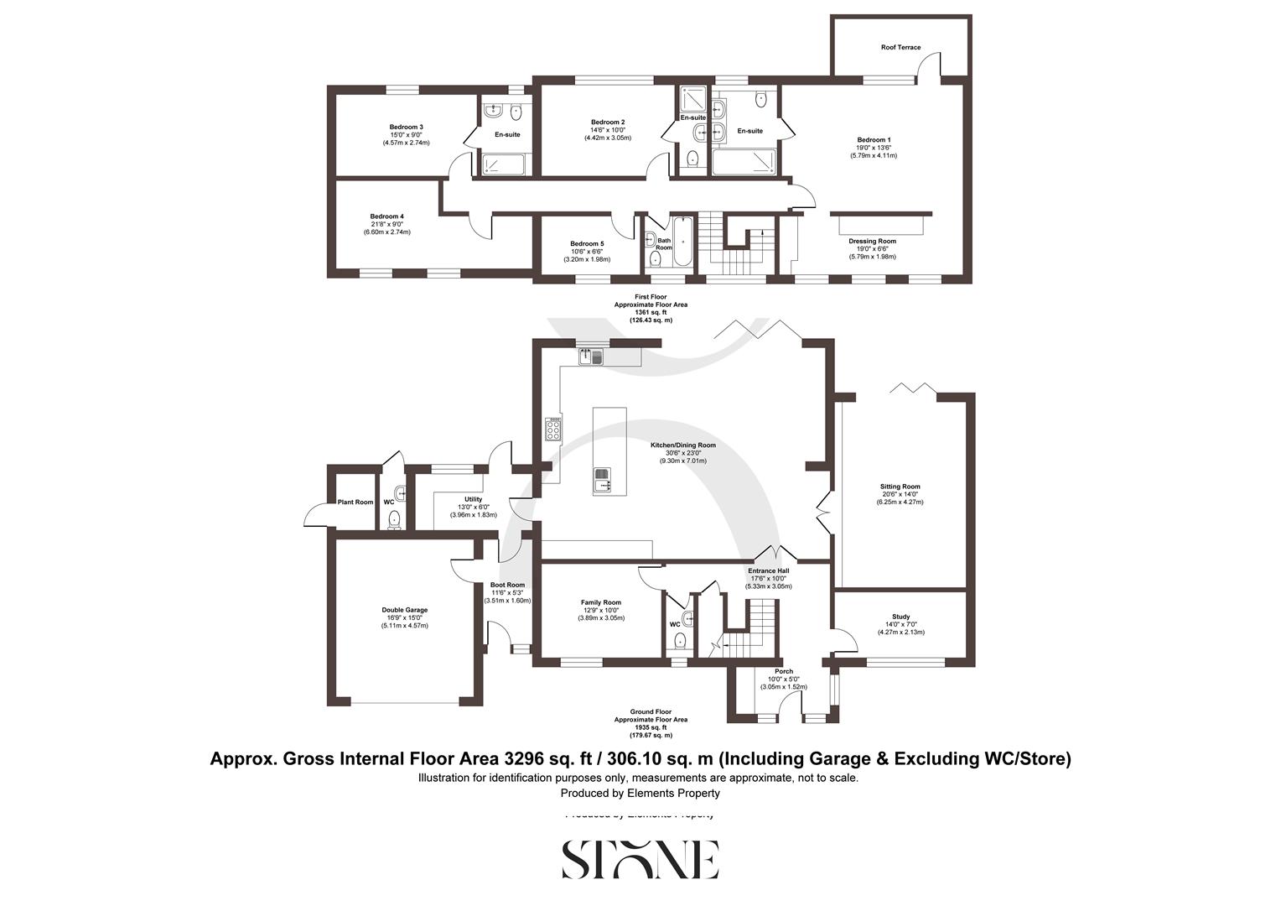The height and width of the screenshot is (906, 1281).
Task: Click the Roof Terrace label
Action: coord(900,48)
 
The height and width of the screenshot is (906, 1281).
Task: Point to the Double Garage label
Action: coord(405,610)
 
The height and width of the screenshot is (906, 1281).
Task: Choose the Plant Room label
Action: coord(355,502)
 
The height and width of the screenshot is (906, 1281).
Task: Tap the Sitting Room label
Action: coord(900,487)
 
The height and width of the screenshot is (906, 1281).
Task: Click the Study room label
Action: coord(900,617)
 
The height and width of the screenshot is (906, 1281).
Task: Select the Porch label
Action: coord(784,671)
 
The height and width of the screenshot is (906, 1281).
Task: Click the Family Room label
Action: coord(601,602)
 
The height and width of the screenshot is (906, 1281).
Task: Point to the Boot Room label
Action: coord(507,586)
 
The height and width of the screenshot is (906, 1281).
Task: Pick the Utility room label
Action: coord(474,499)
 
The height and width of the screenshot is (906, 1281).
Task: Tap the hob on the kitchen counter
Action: coord(554,430)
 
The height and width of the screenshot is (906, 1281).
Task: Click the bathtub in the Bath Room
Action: coord(683,243)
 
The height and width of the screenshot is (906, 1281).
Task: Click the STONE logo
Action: coord(640,859)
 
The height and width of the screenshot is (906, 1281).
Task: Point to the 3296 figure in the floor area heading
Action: coord(526,759)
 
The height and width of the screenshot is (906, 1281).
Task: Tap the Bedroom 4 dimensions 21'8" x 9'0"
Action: coord(386,224)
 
